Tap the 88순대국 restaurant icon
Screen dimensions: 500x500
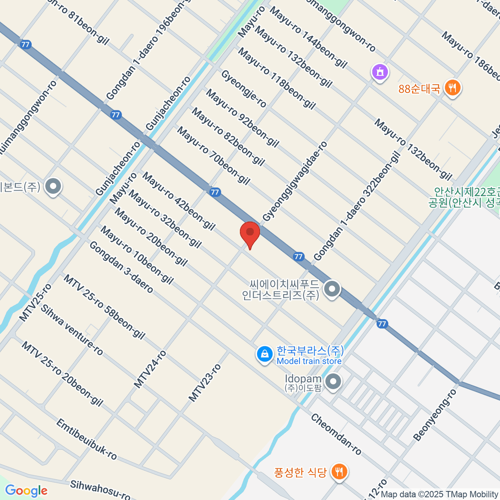(452, 88)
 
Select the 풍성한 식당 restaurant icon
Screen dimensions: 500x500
(340, 472)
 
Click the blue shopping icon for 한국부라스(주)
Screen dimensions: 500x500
(264, 355)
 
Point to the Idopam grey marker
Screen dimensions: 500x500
(333, 382)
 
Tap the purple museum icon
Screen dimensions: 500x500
(380, 73)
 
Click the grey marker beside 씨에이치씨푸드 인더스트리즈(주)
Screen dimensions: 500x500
(332, 288)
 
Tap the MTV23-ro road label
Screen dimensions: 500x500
(205, 382)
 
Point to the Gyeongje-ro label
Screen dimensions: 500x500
(243, 89)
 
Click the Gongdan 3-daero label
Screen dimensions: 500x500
(121, 267)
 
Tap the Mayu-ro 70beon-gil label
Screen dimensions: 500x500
(213, 156)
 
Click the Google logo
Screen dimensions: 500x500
(26, 491)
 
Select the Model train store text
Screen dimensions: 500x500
(309, 361)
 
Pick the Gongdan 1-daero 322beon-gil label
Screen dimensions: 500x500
(357, 206)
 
